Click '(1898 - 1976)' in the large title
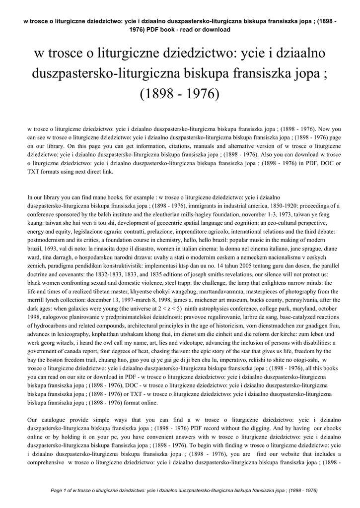coord(180,94)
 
